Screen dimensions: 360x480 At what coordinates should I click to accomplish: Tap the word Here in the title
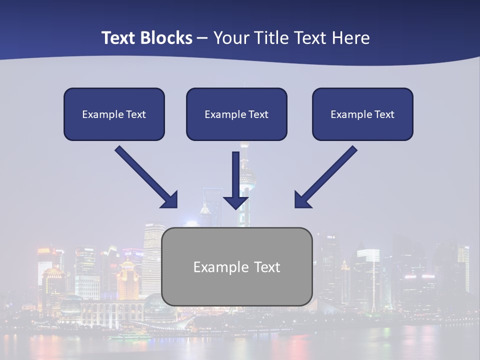pyautogui.click(x=350, y=38)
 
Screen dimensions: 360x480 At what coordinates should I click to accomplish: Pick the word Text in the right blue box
pyautogui.click(x=384, y=114)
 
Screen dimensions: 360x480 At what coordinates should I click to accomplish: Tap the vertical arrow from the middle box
pyautogui.click(x=236, y=175)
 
